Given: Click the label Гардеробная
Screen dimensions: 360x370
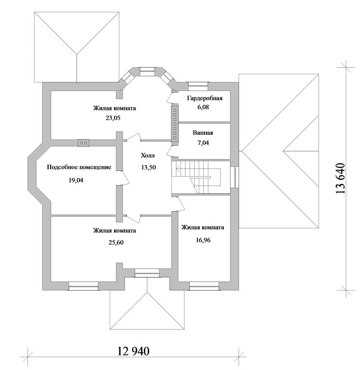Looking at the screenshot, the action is pos(205,98).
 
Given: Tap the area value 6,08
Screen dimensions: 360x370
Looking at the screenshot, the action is pos(203,107).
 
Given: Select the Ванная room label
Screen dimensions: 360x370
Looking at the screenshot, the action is pos(203,132).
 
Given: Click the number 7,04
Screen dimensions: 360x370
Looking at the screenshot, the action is pos(203,143).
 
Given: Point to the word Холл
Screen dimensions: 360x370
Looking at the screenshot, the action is pos(148,156).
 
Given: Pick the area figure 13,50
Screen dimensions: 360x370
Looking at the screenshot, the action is pos(149,167).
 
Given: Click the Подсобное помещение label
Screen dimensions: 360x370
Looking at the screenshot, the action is pos(79,167).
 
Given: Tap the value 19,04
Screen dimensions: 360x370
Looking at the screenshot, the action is pos(76,181).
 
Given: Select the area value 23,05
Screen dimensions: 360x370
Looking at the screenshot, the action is pos(113,118).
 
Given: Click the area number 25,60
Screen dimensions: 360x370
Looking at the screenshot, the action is pos(116,242).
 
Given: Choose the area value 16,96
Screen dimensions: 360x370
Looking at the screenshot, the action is pos(203,240).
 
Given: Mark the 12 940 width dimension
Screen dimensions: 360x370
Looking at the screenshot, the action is pos(133,351).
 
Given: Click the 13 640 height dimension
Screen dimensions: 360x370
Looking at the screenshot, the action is pos(340,178).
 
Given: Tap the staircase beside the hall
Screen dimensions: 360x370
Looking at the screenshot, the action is pos(201,177).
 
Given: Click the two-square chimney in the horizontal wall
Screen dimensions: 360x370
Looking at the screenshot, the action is pos(83,143).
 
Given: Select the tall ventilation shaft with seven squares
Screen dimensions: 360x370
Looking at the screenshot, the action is pos(175,125).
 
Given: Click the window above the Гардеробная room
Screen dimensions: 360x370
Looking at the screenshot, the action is pos(198,86).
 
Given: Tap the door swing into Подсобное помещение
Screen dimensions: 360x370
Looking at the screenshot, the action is pos(125,177).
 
